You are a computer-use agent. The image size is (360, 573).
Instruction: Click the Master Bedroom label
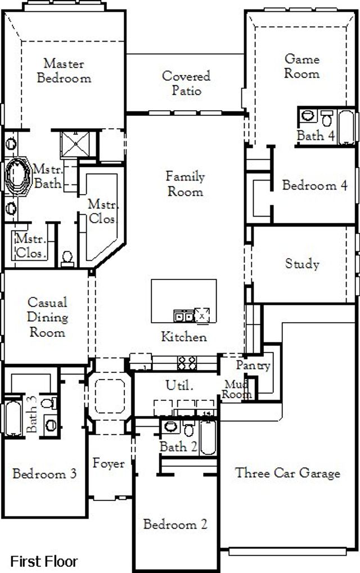tap(64, 71)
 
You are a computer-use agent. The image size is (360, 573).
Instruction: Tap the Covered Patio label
tap(186, 83)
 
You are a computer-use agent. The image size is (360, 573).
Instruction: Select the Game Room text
tap(301, 66)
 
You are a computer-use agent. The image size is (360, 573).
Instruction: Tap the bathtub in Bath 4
tap(346, 126)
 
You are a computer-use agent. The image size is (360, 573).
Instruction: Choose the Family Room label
tap(185, 184)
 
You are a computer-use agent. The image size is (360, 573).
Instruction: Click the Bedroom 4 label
tap(314, 185)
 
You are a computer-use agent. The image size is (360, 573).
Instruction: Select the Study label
tap(302, 263)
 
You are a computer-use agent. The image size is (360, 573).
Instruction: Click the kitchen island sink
tap(183, 317)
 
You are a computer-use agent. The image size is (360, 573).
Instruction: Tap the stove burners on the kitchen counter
tap(186, 363)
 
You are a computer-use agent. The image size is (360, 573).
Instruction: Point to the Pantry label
tap(253, 365)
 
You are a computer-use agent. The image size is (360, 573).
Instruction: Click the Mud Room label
tap(236, 389)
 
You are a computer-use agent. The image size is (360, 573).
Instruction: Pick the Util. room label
tap(179, 386)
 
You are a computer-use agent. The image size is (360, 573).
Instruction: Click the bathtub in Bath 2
tap(208, 439)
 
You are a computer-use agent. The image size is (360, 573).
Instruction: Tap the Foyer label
tap(109, 464)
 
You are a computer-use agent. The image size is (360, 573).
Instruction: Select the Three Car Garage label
tap(287, 473)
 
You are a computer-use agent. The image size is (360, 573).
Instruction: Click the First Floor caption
tap(44, 561)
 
